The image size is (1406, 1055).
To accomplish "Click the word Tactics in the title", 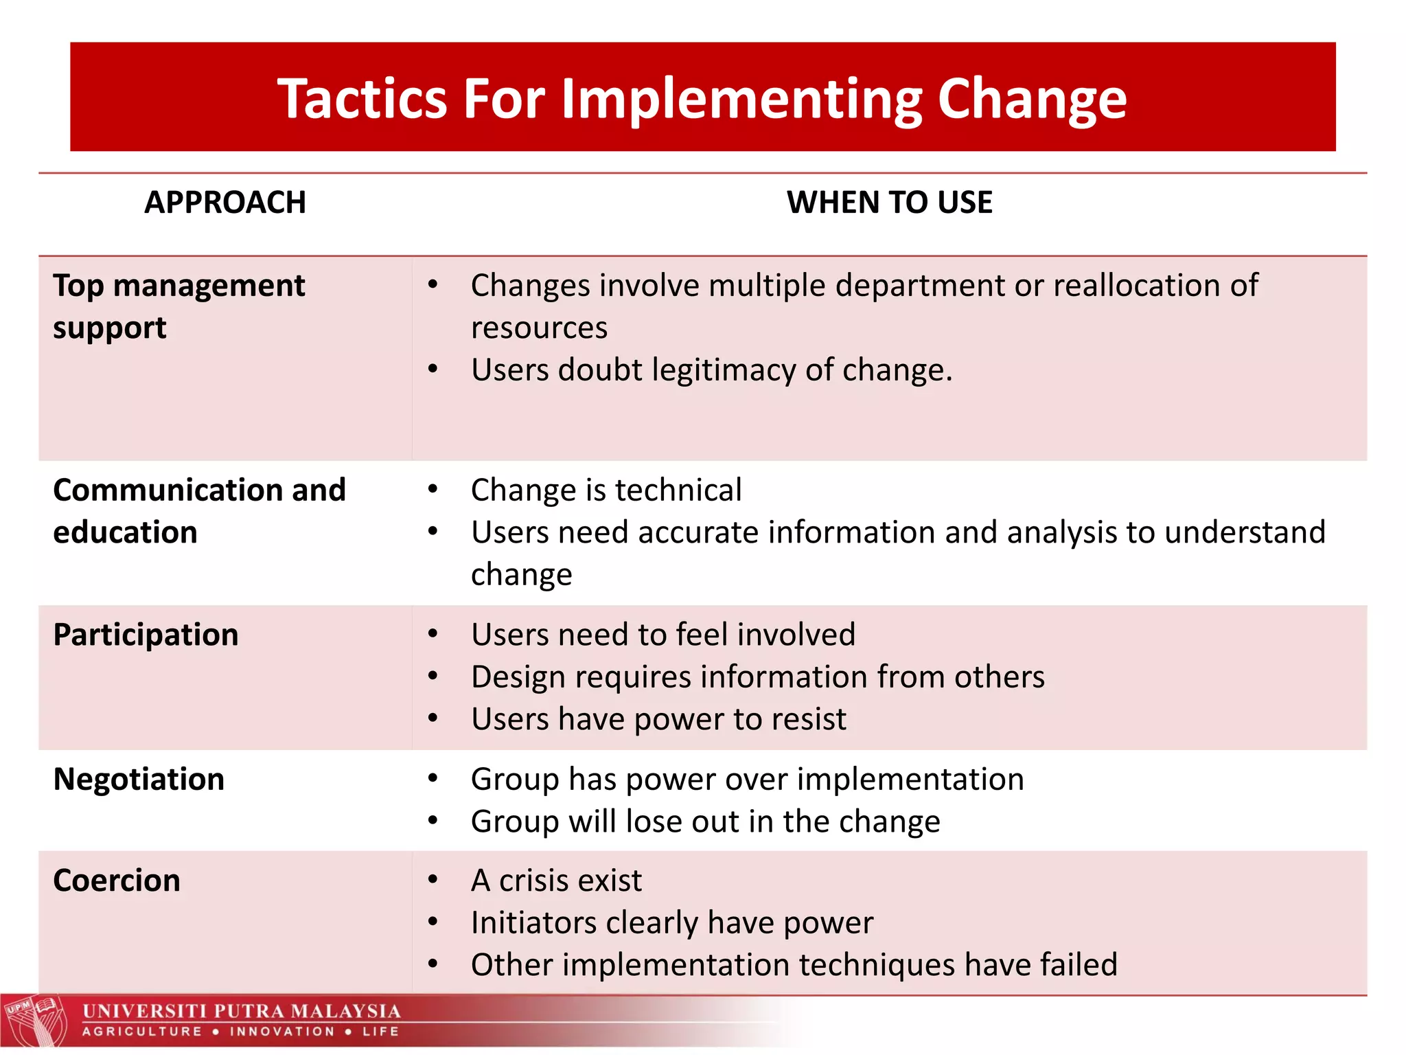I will coord(362,98).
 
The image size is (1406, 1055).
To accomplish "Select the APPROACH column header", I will coord(224,203).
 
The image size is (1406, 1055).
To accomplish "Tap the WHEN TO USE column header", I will coord(889,203).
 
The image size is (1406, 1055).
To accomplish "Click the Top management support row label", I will coord(178,306).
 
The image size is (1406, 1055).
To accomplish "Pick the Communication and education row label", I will coord(199,510).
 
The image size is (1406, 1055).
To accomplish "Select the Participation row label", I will coord(146,635).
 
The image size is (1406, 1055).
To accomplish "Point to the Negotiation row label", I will coord(139,780).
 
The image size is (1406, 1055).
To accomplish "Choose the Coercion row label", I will coord(117,881).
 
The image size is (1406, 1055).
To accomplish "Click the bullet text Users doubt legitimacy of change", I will coord(711,370).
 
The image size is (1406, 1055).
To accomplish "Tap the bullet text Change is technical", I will coord(606,490).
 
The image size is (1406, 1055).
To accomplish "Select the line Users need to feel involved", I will coord(662,635).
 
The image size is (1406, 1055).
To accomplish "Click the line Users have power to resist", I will coord(658,719).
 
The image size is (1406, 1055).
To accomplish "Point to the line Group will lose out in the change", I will coord(705,821).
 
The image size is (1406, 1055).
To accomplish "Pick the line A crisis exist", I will coord(556,881).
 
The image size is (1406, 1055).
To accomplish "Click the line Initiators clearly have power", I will coord(671,922).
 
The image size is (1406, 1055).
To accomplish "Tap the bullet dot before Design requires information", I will coord(433,677).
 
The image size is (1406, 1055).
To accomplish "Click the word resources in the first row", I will coord(539,328).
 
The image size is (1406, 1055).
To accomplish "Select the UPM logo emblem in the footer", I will coord(34,1021).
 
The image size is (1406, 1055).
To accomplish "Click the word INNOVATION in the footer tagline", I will coord(282,1032).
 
